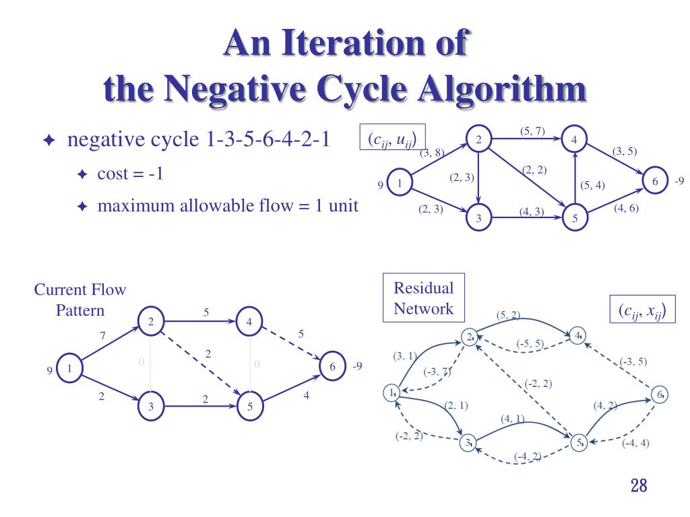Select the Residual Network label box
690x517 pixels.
coord(423,298)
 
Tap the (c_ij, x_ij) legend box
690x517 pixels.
coord(642,310)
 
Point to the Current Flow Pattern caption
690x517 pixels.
coord(80,300)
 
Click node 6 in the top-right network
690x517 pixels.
coord(654,182)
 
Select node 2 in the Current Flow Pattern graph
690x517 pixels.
coord(151,322)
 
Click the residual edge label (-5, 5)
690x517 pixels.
coord(531,345)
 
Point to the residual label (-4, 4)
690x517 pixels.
coord(635,443)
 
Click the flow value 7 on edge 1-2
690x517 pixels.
coord(102,335)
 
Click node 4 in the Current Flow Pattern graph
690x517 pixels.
coord(249,322)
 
